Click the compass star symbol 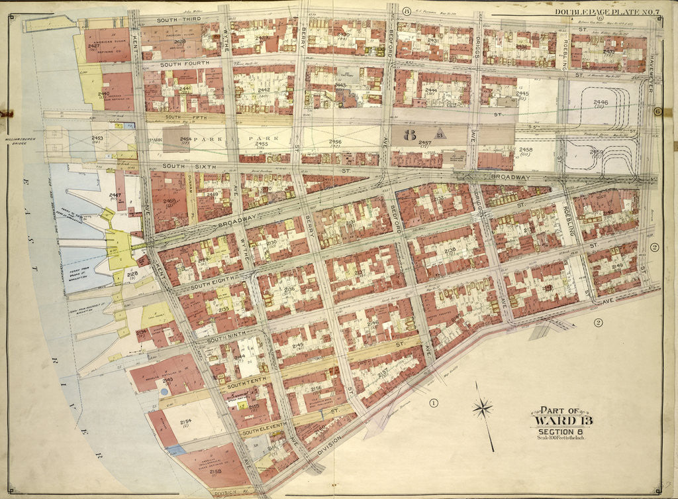click(x=483, y=408)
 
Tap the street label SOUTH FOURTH click(x=184, y=63)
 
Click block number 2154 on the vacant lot click(x=185, y=421)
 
